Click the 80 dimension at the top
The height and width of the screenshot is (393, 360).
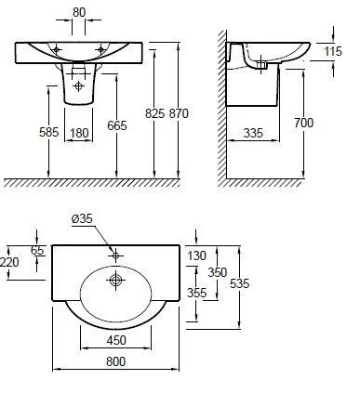point(79,12)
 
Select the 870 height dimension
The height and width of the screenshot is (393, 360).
point(179,113)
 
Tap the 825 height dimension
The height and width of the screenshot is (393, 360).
point(154,113)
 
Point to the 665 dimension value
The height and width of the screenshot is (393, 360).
point(117,125)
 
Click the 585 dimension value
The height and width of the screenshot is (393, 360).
point(48,132)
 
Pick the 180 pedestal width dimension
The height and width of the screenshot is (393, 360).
point(79,133)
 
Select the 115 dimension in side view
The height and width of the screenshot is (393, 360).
point(333,51)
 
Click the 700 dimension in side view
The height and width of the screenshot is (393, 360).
point(303,123)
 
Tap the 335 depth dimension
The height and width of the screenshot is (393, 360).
point(253,133)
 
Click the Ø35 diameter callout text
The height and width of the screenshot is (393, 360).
point(82,218)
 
